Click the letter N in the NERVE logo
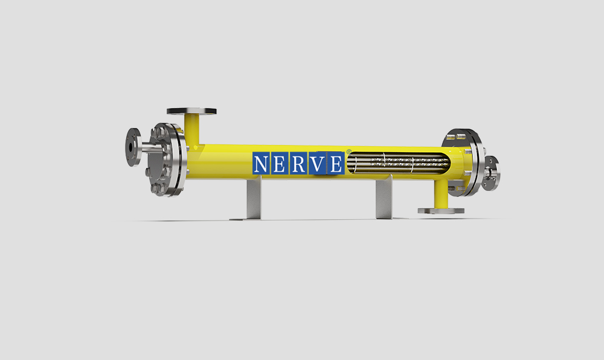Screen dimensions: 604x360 coord(261,164)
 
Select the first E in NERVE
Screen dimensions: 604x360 coord(279,164)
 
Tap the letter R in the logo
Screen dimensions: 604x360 coord(298,164)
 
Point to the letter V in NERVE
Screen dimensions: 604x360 coord(318,164)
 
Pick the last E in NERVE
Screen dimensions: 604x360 coord(336,164)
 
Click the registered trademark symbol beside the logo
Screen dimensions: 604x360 coord(349,152)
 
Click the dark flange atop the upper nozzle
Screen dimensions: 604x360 coord(191,111)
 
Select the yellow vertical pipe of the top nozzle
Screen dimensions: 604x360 coord(191,130)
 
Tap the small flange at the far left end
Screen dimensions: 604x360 coord(133,147)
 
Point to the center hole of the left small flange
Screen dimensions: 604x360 coord(131,147)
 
